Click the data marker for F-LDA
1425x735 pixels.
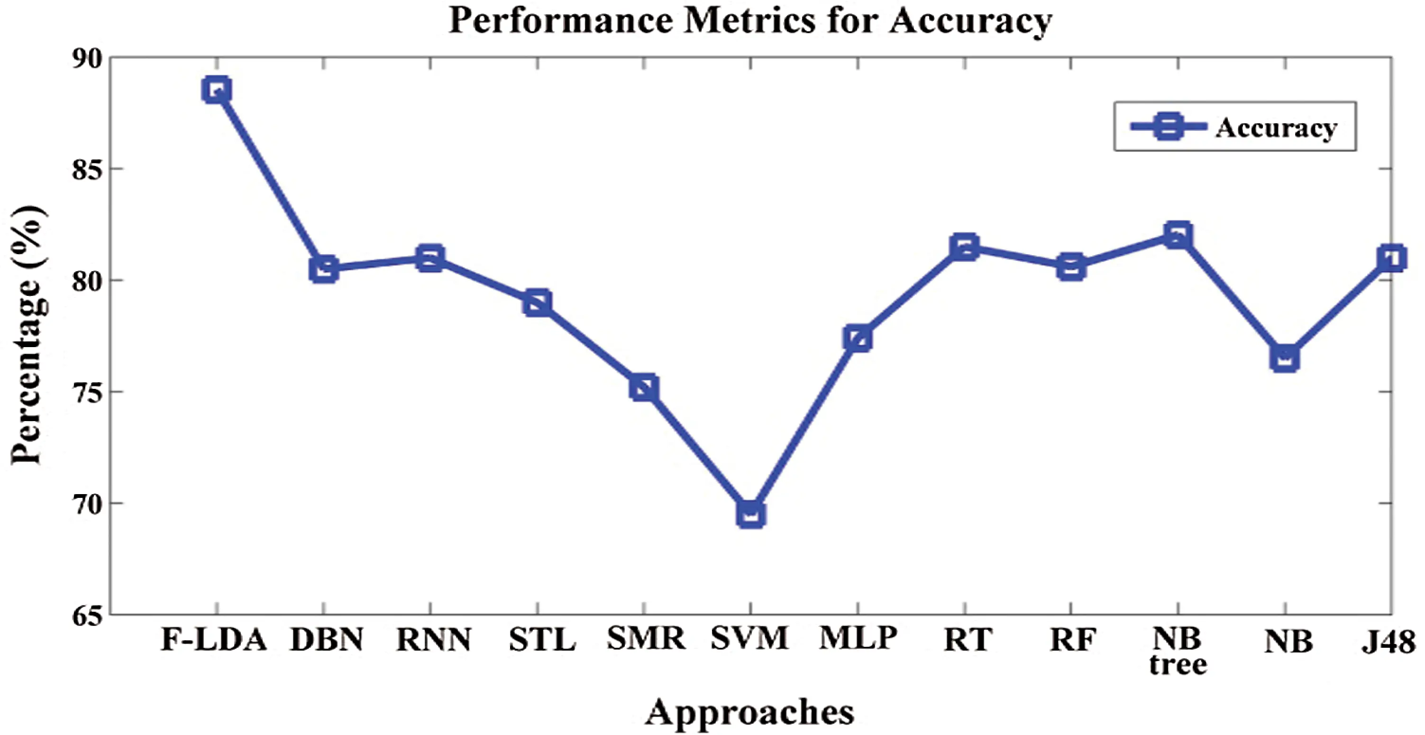coord(216,90)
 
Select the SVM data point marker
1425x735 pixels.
coord(751,514)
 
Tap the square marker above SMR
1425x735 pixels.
coord(644,388)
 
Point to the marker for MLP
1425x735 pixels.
coord(858,339)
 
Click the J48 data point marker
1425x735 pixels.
coord(1391,258)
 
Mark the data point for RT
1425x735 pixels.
coord(965,247)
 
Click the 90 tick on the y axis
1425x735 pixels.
coord(87,59)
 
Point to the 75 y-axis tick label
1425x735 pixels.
coord(87,393)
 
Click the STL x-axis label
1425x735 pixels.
coord(542,640)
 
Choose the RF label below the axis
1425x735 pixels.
coord(1072,640)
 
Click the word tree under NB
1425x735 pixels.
coord(1178,665)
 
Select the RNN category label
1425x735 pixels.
coord(434,640)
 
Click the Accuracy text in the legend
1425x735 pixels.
coord(1276,128)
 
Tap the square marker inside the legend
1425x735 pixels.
coord(1169,127)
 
